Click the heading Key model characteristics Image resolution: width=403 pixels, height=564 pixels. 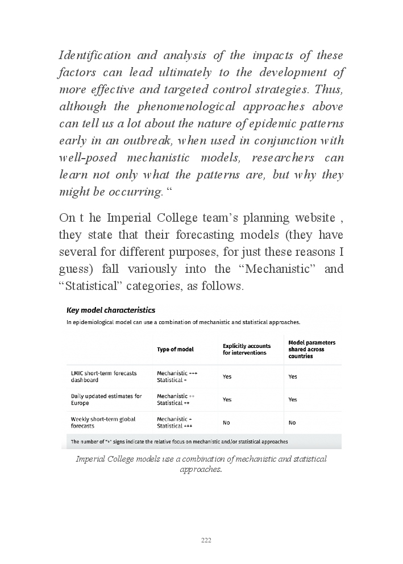pyautogui.click(x=111, y=310)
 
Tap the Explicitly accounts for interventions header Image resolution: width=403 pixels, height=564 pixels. pyautogui.click(x=244, y=349)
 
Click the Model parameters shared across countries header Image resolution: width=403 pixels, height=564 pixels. pyautogui.click(x=311, y=349)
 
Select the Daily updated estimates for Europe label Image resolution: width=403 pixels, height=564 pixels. pyautogui.click(x=106, y=399)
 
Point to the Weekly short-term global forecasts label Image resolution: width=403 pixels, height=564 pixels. pyautogui.click(x=103, y=422)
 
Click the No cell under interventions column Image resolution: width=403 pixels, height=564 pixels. pyautogui.click(x=226, y=422)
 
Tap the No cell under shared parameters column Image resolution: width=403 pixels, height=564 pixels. pyautogui.click(x=292, y=422)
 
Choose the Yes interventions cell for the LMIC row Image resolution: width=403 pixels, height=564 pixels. pyautogui.click(x=227, y=376)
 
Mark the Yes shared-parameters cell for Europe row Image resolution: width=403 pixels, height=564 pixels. pyautogui.click(x=293, y=399)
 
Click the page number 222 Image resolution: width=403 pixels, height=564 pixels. pyautogui.click(x=206, y=540)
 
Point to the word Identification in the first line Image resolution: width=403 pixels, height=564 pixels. pyautogui.click(x=95, y=56)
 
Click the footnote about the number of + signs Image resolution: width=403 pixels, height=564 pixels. pyautogui.click(x=179, y=441)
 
